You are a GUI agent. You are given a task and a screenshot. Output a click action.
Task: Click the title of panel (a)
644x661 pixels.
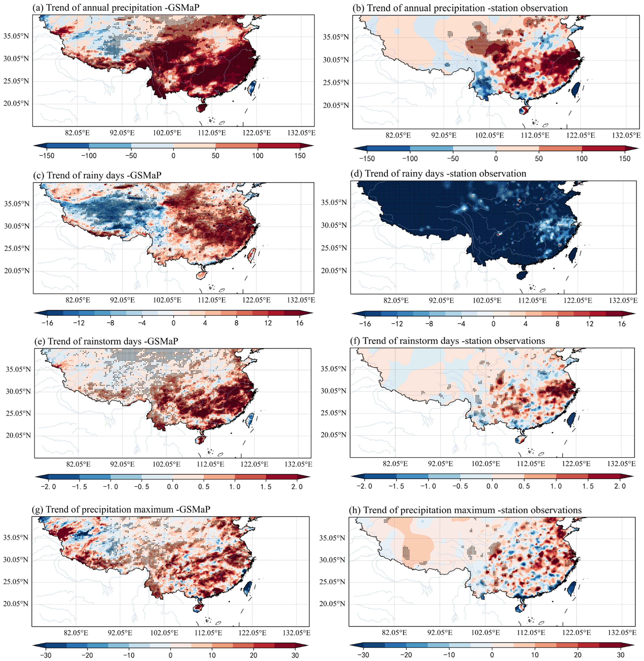(116, 7)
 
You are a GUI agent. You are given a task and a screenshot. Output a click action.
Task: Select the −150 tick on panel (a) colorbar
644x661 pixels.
(47, 156)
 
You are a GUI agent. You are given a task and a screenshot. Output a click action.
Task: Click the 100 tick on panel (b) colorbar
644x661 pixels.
(582, 159)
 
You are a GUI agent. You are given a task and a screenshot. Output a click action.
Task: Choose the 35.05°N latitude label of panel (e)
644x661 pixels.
(18, 369)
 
